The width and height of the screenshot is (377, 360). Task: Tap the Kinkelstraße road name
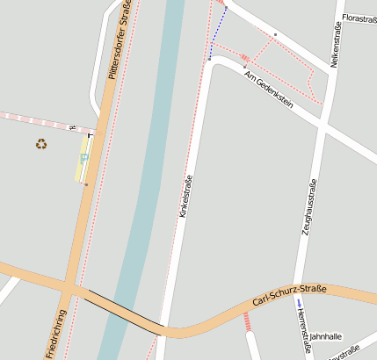tap(185, 196)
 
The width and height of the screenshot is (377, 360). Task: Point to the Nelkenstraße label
tap(336, 45)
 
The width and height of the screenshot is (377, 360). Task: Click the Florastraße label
tap(359, 18)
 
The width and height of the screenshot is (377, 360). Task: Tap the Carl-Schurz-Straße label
tap(289, 295)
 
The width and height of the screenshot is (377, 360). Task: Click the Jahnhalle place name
tap(326, 335)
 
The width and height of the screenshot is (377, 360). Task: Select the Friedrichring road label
tap(54, 334)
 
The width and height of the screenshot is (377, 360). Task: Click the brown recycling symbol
tap(41, 144)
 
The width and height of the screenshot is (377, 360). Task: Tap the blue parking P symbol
tap(84, 158)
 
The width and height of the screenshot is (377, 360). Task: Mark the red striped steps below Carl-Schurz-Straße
tap(250, 321)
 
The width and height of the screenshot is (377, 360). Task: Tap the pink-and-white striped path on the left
tap(35, 119)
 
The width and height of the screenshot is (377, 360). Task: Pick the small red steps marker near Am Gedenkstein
tap(244, 57)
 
